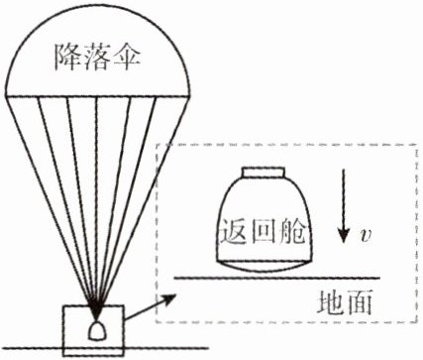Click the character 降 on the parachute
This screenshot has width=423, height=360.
(67, 57)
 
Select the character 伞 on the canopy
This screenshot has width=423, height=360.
(127, 57)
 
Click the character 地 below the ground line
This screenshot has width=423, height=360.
(331, 301)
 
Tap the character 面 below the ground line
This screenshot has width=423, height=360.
(360, 301)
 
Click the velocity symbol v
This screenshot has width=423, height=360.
(366, 235)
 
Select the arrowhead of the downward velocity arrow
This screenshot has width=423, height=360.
(344, 235)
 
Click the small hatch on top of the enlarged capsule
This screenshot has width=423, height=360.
(264, 173)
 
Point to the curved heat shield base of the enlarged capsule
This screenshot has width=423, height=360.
(264, 267)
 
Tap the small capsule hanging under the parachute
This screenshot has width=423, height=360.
(97, 330)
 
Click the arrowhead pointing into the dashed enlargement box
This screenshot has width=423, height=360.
(170, 299)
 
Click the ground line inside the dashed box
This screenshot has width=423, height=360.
(277, 278)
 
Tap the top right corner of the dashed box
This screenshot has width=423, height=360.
(416, 145)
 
